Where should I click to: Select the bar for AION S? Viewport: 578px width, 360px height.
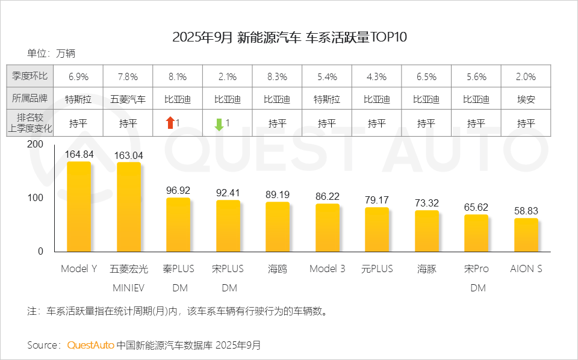click(526, 235)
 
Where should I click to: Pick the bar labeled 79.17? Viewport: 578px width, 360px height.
click(377, 229)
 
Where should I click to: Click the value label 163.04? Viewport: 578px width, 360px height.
click(128, 155)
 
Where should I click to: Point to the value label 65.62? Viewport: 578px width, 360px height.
click(476, 207)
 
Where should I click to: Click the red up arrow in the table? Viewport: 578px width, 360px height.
click(170, 123)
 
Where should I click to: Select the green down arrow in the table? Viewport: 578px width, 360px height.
click(219, 124)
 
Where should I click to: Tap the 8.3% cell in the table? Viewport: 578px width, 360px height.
click(278, 77)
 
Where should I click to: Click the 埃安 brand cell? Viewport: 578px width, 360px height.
click(526, 99)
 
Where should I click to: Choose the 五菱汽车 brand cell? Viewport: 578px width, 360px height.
click(128, 99)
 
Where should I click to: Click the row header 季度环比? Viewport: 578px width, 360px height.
click(30, 77)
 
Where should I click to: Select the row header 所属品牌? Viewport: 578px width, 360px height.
click(30, 99)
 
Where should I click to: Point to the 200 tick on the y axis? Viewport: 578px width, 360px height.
click(36, 144)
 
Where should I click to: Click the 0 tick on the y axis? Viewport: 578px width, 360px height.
click(40, 252)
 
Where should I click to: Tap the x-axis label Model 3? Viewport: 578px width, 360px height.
click(327, 269)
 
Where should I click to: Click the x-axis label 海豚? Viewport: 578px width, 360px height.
click(426, 269)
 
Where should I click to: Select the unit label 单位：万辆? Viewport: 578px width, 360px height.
click(51, 54)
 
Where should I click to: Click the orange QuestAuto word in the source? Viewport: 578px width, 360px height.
click(90, 345)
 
